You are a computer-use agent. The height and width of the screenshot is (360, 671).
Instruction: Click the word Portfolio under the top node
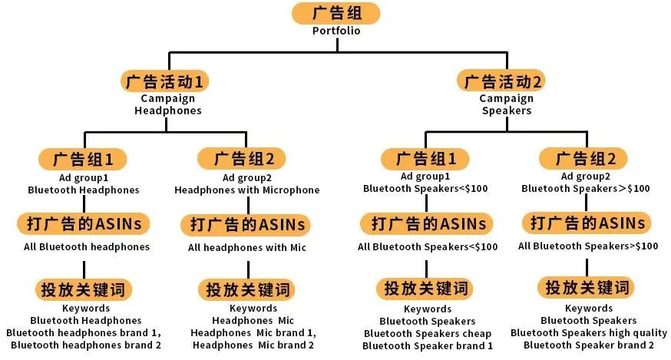[336, 31]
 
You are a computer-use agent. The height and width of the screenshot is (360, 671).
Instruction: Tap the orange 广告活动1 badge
[165, 81]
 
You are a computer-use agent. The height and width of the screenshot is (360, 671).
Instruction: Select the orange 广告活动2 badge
[501, 81]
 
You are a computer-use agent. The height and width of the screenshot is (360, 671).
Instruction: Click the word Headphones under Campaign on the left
[167, 111]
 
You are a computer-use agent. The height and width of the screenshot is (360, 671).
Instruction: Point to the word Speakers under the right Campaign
[507, 111]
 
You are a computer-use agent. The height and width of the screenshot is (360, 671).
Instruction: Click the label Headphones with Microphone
[247, 190]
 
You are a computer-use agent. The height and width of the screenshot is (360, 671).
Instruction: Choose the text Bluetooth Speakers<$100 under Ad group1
[425, 188]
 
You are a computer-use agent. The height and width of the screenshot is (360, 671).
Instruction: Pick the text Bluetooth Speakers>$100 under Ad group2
[586, 188]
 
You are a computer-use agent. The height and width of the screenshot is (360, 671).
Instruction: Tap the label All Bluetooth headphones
[87, 247]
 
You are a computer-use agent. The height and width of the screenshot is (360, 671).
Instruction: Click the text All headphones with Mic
[247, 247]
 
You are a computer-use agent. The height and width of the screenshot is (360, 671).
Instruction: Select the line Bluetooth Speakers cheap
[428, 333]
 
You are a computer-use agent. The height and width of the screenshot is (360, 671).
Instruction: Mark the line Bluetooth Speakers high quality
[589, 332]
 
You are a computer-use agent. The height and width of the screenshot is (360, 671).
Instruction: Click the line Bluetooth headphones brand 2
[86, 345]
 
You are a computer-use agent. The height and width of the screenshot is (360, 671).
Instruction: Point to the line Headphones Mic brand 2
[253, 345]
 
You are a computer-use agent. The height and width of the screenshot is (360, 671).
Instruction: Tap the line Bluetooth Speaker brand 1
[428, 346]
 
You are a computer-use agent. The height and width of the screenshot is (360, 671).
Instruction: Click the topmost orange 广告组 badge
[336, 13]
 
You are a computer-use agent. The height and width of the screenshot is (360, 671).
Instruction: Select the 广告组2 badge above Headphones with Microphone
[241, 159]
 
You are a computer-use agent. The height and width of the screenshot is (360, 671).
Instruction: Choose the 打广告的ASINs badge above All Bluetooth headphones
[84, 224]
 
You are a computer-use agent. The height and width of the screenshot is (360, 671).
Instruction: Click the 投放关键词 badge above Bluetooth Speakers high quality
[586, 288]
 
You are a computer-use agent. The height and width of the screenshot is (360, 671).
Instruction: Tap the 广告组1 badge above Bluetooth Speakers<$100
[425, 159]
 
